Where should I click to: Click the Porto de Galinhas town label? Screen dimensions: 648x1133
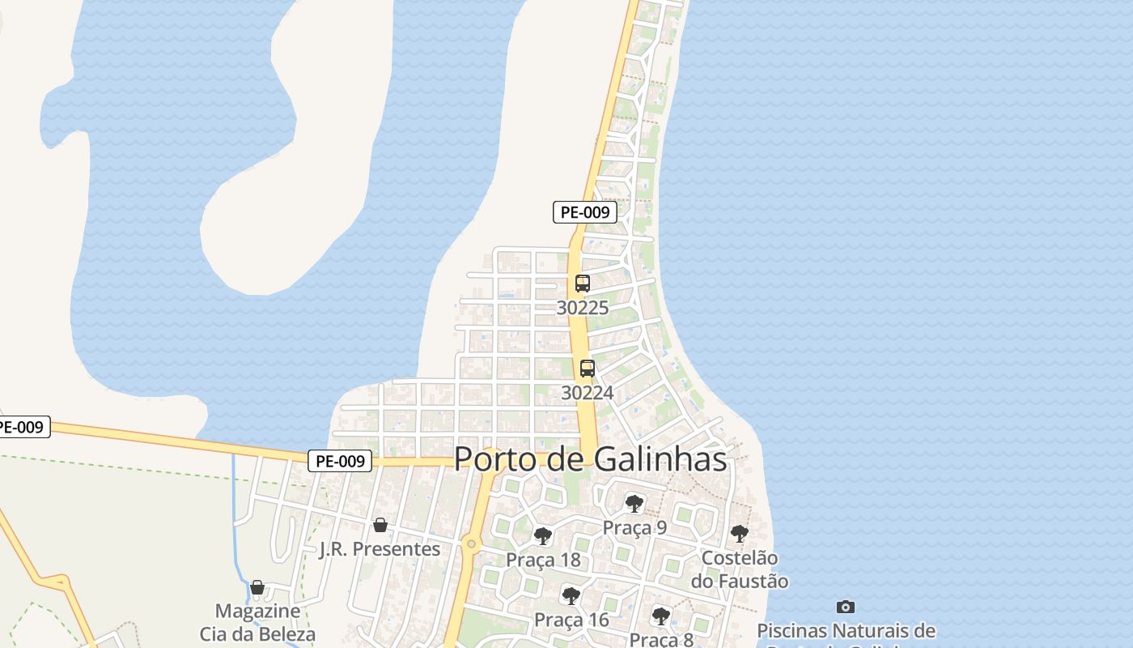[x=590, y=459]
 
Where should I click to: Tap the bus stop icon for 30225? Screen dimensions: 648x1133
[x=583, y=283]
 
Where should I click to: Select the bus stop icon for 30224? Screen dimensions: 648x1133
[x=588, y=369]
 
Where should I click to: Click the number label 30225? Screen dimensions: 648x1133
[x=583, y=308]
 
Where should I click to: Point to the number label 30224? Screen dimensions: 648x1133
[x=588, y=393]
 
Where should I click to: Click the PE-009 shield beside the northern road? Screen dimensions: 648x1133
[x=585, y=212]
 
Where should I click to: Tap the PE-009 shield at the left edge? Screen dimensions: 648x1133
[x=23, y=427]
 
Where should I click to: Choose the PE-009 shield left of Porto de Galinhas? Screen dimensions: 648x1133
[x=340, y=461]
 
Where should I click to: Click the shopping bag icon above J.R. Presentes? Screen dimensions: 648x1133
[x=380, y=525]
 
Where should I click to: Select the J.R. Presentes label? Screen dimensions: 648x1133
[x=380, y=549]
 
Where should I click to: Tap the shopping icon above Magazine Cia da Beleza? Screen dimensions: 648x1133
[x=257, y=586]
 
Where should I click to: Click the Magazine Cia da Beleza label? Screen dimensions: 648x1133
[x=257, y=622]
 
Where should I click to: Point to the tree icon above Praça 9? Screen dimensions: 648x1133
[x=634, y=504]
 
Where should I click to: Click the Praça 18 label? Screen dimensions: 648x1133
[x=543, y=560]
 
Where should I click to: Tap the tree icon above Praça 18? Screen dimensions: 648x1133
[x=543, y=535]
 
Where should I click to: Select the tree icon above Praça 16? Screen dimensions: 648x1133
[x=571, y=596]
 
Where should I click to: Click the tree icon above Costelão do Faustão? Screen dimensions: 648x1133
[x=739, y=533]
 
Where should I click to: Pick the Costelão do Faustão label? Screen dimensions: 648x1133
[x=739, y=569]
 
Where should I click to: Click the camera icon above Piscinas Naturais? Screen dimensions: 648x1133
[x=846, y=607]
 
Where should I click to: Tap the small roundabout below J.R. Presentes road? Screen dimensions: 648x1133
[x=471, y=544]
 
